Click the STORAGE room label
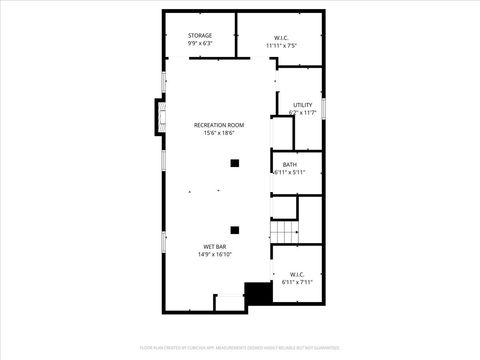(x=199, y=36)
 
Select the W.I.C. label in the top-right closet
(x=280, y=37)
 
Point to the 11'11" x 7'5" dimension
(x=280, y=46)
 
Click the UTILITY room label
(x=302, y=105)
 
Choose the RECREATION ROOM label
(x=219, y=124)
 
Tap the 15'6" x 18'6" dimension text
(x=219, y=133)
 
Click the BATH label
(x=289, y=165)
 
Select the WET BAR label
(x=214, y=246)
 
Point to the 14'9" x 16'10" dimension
(x=214, y=255)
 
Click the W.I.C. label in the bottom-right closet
(x=297, y=274)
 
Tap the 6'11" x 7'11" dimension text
(x=297, y=283)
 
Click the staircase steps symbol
(x=285, y=232)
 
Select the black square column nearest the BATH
(x=235, y=163)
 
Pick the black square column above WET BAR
(x=235, y=229)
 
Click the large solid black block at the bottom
(x=258, y=294)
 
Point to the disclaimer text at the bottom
(x=240, y=349)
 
